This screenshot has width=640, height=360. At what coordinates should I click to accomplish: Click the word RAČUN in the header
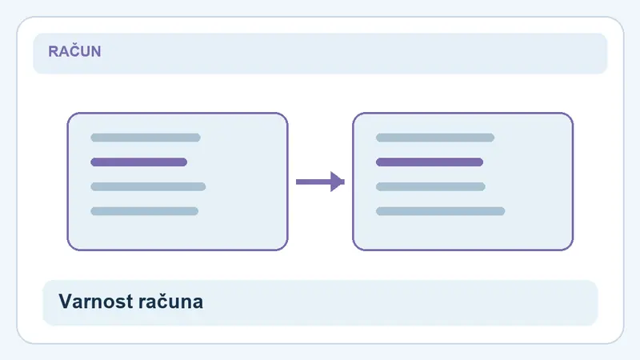click(x=74, y=51)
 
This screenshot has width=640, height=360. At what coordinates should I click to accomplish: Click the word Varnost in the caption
click(x=96, y=302)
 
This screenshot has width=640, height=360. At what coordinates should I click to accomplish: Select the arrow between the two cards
click(x=321, y=182)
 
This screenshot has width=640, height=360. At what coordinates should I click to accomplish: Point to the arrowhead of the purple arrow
click(x=337, y=182)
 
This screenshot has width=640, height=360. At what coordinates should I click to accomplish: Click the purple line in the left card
click(x=138, y=162)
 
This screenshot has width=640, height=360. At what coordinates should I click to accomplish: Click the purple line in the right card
click(x=430, y=162)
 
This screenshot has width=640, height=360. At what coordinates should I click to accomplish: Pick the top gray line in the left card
click(x=146, y=138)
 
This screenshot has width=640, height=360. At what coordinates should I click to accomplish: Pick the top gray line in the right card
click(x=435, y=138)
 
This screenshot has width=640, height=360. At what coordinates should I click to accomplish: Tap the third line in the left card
click(x=148, y=186)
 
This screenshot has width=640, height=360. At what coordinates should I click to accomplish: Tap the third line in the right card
click(x=430, y=186)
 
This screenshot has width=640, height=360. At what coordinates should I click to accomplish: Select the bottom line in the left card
click(x=145, y=211)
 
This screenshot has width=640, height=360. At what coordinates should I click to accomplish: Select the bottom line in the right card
click(x=441, y=211)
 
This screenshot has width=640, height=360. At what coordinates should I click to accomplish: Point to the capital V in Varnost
click(x=66, y=302)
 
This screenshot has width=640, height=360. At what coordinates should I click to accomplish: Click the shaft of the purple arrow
click(x=314, y=182)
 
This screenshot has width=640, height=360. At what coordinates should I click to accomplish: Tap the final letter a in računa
click(x=198, y=304)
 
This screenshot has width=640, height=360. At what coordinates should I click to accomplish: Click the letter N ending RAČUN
click(x=96, y=51)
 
